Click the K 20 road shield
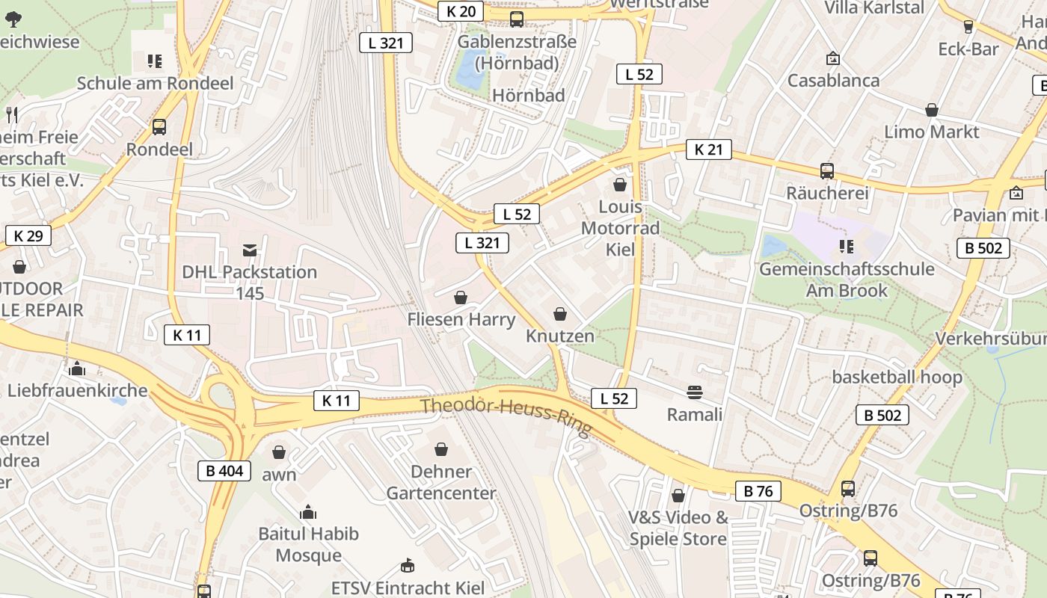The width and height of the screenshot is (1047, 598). point(461,11)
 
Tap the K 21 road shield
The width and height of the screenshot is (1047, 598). point(708,149)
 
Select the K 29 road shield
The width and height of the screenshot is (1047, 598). point(28,236)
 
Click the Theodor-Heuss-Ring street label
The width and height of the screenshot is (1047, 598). point(506,416)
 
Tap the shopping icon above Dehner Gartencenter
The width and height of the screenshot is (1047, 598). point(441,449)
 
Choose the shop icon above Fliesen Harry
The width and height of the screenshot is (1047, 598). point(461,298)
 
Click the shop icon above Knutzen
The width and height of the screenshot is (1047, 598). point(559,314)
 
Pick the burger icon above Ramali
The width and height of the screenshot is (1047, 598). point(695,392)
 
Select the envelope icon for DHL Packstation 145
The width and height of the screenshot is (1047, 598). point(250,250)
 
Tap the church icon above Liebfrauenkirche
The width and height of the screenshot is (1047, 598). point(76,369)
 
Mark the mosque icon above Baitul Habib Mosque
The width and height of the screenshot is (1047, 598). point(307,512)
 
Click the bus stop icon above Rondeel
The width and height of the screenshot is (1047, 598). point(159,127)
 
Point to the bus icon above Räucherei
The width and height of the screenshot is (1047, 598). point(826,171)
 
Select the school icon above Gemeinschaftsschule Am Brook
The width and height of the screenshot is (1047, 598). point(847,246)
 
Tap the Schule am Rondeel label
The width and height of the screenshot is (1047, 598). point(156,83)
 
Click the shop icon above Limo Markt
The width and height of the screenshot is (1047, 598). point(931,110)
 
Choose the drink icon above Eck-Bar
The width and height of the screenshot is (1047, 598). point(968,27)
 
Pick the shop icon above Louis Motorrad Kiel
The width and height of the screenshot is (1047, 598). point(620,184)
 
